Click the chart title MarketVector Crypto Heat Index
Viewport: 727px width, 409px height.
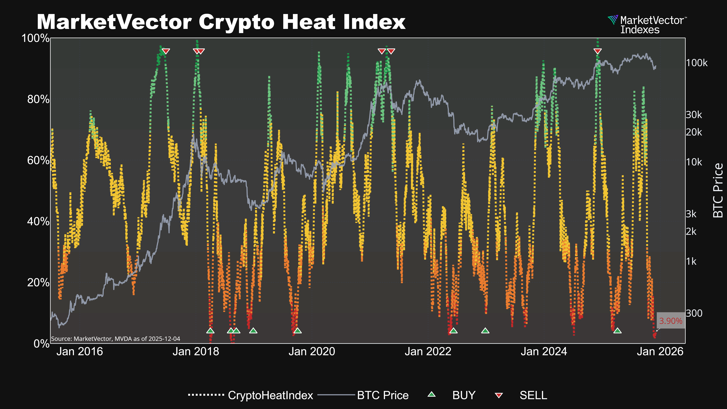click(221, 22)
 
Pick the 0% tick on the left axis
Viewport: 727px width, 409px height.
click(41, 343)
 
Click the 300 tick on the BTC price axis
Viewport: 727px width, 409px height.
click(694, 313)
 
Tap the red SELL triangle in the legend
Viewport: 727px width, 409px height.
click(499, 395)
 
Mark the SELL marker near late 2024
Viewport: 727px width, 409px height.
click(598, 51)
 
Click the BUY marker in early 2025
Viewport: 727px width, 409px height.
click(617, 330)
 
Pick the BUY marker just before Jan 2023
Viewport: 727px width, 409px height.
click(485, 330)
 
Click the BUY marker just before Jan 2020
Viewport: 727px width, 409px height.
click(297, 330)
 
